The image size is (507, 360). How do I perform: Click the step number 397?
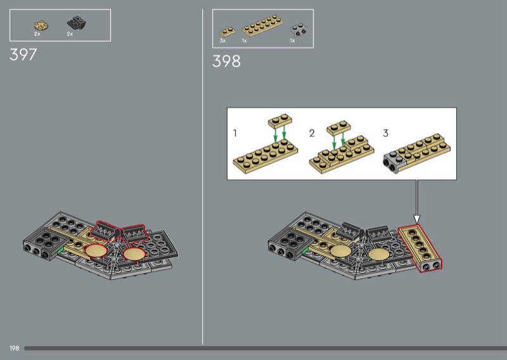23,55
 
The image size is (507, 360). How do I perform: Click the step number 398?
226,61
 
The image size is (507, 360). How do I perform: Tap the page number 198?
14,348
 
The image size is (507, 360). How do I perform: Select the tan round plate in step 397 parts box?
41,25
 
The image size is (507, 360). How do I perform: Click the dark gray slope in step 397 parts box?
77,23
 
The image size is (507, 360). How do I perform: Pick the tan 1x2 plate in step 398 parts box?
228,32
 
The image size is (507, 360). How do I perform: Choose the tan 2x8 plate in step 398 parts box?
262,25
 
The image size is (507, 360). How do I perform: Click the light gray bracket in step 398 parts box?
298,30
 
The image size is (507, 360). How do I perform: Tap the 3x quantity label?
222,41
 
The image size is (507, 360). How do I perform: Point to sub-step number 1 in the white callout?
235,133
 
